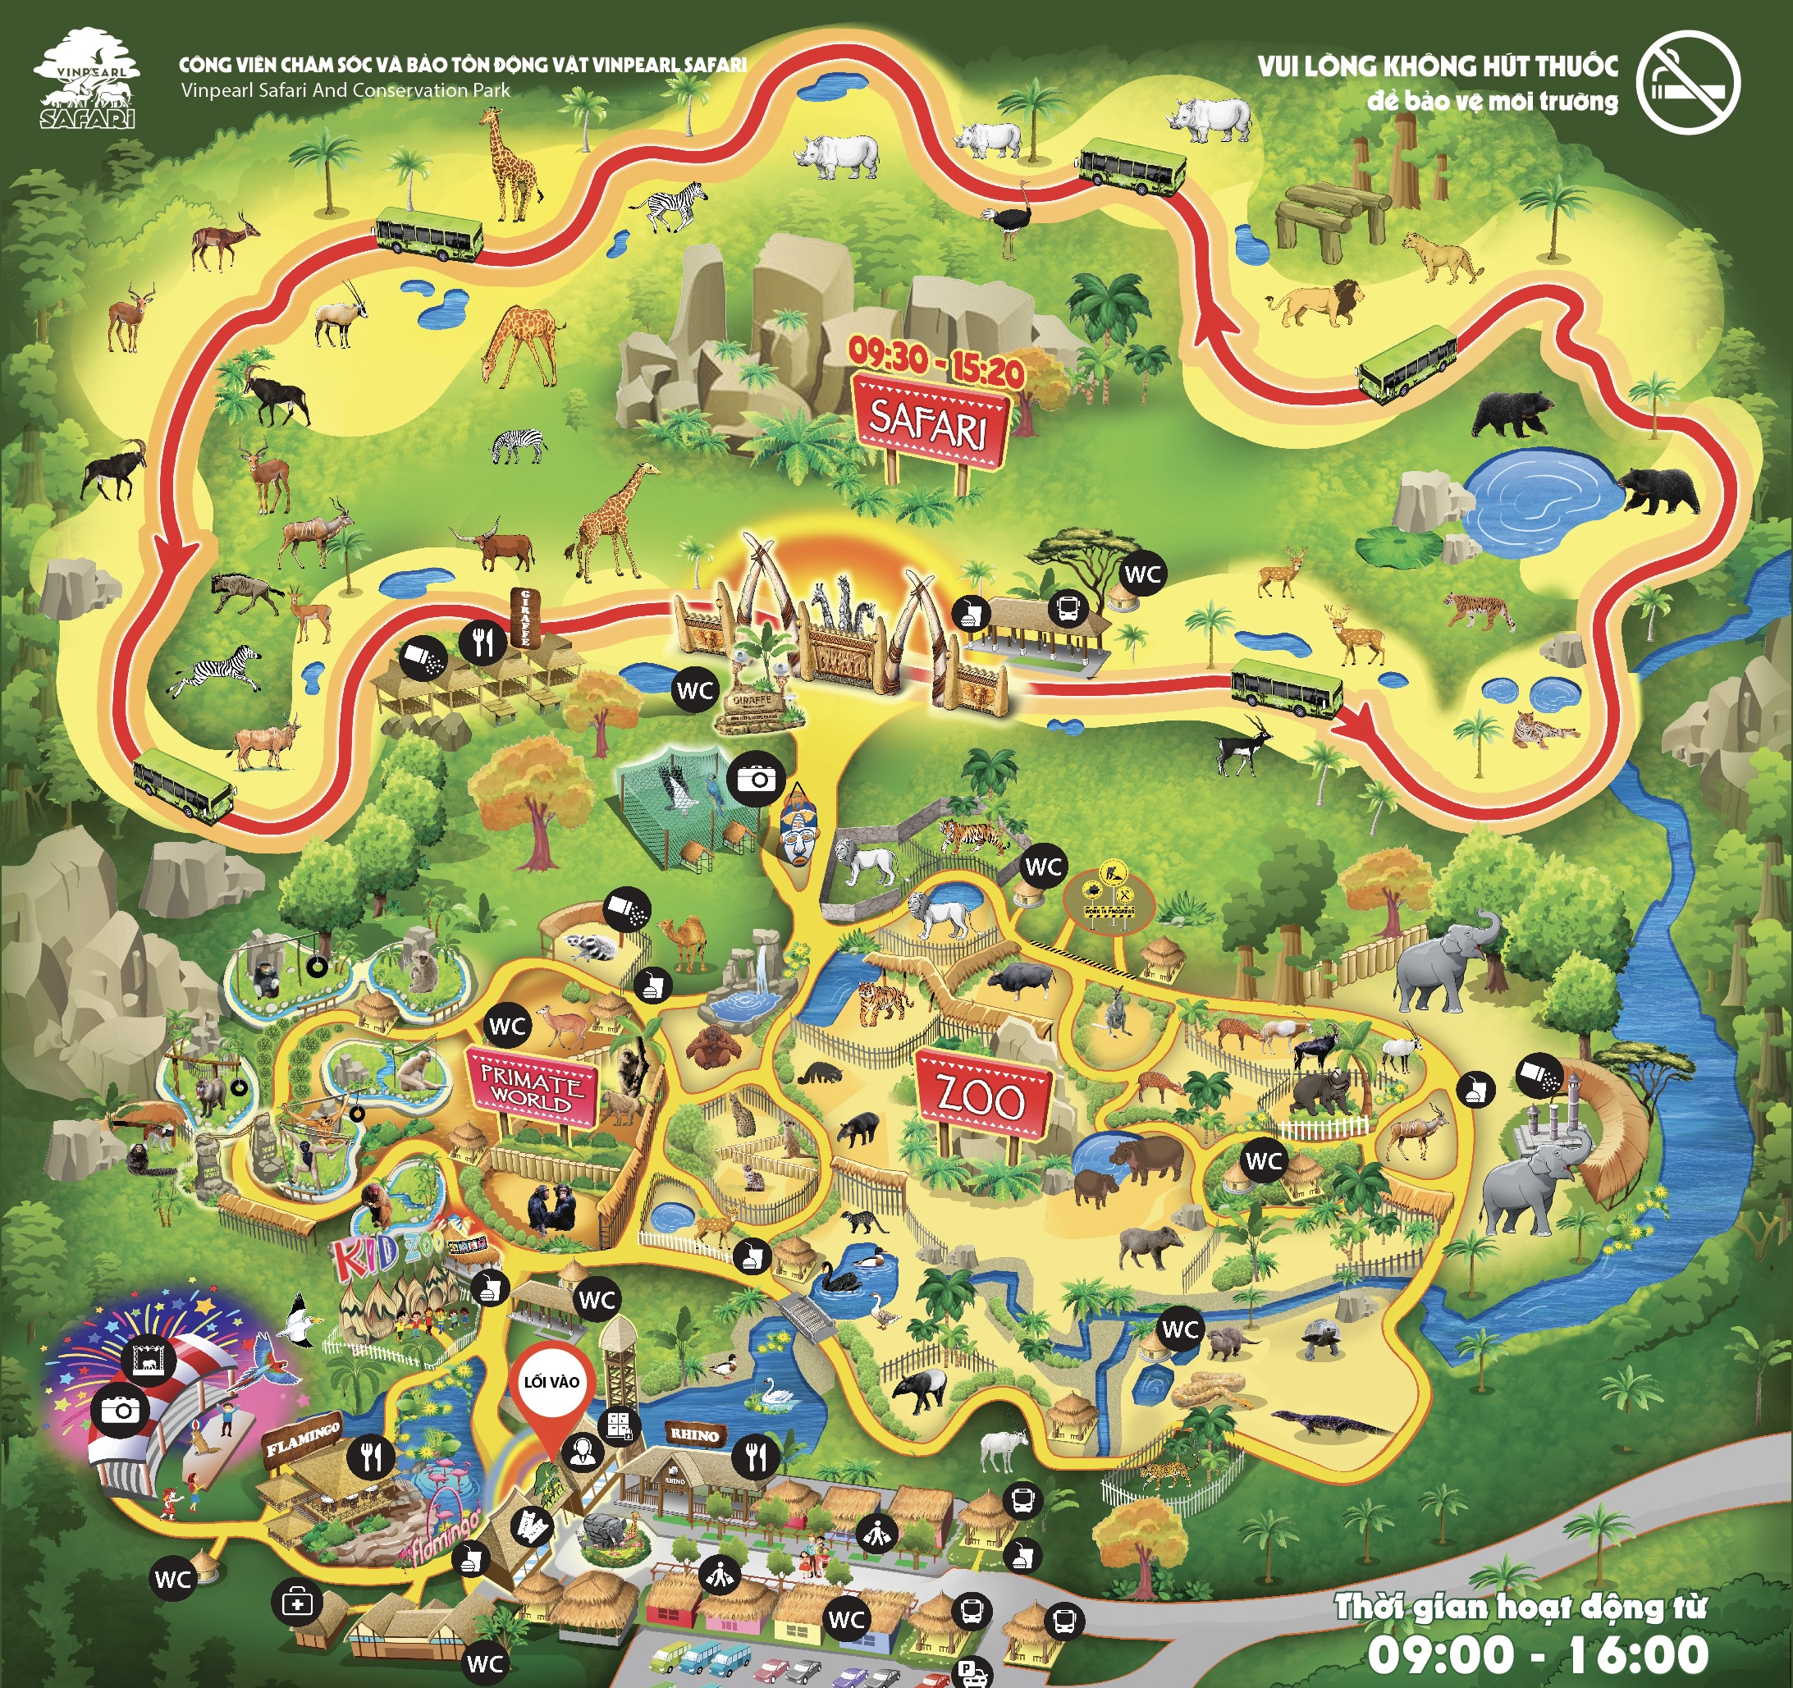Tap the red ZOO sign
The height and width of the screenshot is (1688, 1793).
pos(984,1098)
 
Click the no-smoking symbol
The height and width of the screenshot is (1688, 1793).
pos(1687,83)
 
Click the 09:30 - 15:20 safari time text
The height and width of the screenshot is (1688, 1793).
pos(935,364)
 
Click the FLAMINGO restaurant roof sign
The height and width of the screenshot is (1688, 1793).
pos(303,1439)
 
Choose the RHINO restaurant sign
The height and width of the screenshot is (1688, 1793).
pos(693,1434)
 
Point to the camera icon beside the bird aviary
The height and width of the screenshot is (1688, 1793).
pos(757,777)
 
